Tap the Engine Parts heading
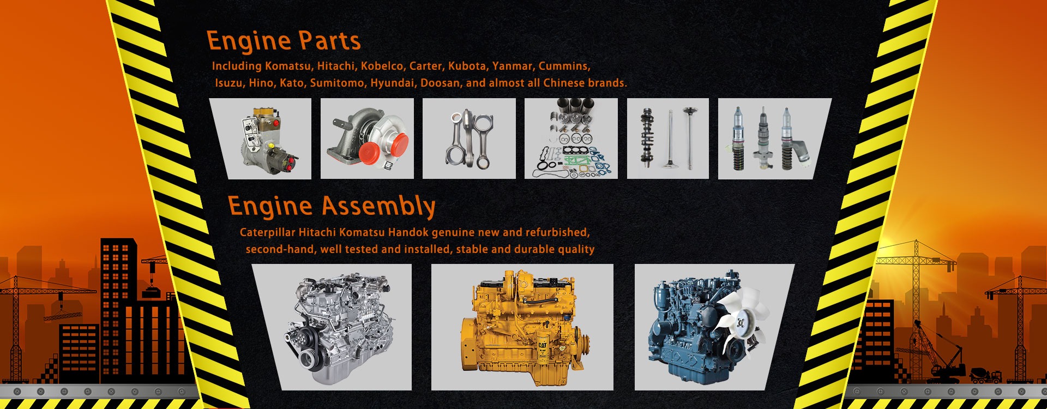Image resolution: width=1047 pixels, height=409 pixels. [284, 41]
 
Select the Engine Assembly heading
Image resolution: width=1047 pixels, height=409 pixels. [332, 206]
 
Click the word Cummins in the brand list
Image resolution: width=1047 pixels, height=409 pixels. [564, 66]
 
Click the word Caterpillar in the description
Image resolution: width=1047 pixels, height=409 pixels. [267, 232]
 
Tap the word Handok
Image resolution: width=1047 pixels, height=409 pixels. [408, 232]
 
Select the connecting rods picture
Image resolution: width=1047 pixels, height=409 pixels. [469, 139]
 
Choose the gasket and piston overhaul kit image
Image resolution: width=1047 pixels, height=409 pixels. [571, 139]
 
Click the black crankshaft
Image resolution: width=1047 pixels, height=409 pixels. [647, 138]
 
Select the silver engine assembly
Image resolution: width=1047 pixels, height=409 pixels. [338, 327]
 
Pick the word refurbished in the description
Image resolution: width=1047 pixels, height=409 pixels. [556, 232]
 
